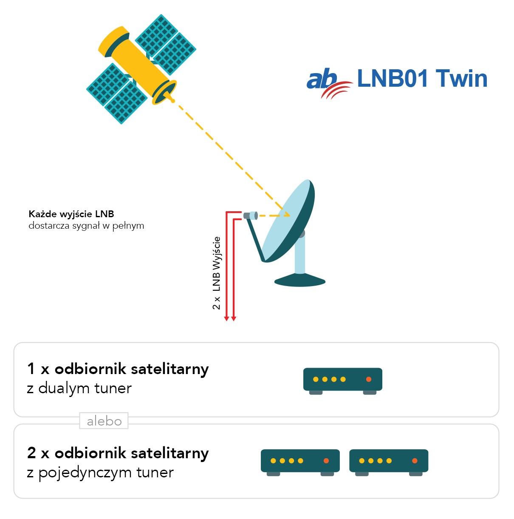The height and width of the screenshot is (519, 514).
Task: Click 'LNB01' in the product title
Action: point(393,79)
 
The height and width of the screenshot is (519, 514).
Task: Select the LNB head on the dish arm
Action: point(251,215)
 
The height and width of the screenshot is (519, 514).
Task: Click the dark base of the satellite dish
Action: point(300,280)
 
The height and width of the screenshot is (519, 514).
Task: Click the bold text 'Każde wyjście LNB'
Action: point(71,214)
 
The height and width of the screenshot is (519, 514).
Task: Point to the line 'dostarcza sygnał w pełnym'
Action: point(86,226)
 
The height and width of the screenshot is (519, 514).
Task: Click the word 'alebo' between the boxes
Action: point(104,421)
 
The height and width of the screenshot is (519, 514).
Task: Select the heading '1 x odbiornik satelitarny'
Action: point(118,369)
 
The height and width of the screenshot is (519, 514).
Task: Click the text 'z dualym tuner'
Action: point(79,388)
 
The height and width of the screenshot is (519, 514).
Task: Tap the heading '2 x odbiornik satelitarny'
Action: point(118,453)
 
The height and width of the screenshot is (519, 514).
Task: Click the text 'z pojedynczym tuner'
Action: point(100,472)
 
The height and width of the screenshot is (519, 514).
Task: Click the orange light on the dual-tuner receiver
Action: point(369,379)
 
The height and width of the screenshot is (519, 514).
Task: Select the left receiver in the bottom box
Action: point(300,461)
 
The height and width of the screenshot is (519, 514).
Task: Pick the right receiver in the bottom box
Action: point(389,461)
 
